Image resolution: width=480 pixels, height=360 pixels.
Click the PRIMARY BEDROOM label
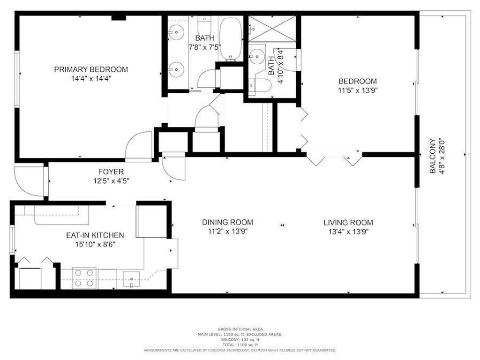click(x=91, y=69)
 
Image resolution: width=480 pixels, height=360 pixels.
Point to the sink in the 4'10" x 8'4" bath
click(x=257, y=56)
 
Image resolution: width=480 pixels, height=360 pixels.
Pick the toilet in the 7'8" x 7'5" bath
click(x=205, y=24)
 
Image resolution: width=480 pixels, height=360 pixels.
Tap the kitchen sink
click(x=131, y=279)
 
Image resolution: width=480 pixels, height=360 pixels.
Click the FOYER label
click(x=111, y=172)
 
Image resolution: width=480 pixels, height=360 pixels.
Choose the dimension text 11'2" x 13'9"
click(x=227, y=231)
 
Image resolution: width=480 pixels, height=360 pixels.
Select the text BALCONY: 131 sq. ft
click(x=240, y=339)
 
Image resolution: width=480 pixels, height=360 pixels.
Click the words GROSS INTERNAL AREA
click(x=240, y=329)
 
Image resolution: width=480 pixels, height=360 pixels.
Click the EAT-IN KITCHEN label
click(x=95, y=235)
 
